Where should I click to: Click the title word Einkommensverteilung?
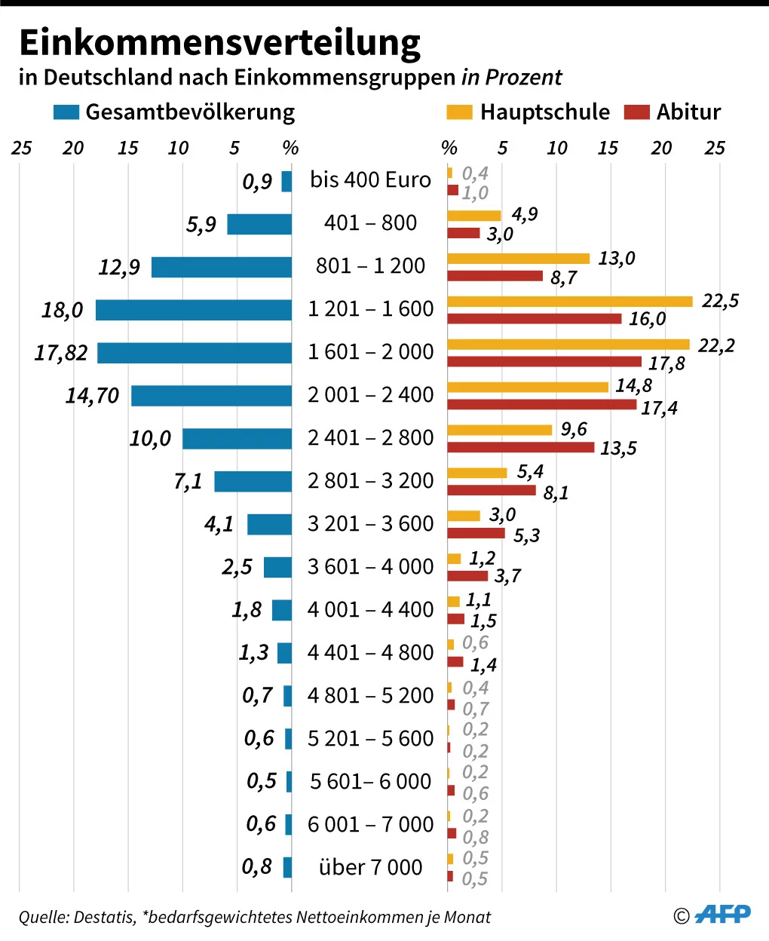(x=219, y=43)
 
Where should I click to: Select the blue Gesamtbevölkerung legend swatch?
(x=66, y=112)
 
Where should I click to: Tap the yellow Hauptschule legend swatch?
(x=459, y=112)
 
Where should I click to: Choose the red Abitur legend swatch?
(x=636, y=112)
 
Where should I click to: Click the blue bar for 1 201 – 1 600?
(x=193, y=310)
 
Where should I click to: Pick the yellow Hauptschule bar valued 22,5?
(x=569, y=302)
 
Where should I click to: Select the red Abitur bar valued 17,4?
(x=541, y=404)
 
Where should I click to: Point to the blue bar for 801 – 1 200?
(x=221, y=267)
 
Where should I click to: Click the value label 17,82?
(x=61, y=353)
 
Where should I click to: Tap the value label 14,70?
(x=92, y=396)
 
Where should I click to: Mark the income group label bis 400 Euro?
(x=370, y=180)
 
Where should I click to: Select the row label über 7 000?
(x=370, y=867)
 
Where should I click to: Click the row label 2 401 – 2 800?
(x=370, y=438)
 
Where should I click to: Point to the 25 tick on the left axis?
(x=21, y=148)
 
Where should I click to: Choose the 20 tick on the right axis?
(x=661, y=148)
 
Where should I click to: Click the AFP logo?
(x=722, y=915)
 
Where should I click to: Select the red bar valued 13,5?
(x=520, y=447)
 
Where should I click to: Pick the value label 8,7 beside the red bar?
(x=563, y=278)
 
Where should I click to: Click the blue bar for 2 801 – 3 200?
(x=253, y=481)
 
